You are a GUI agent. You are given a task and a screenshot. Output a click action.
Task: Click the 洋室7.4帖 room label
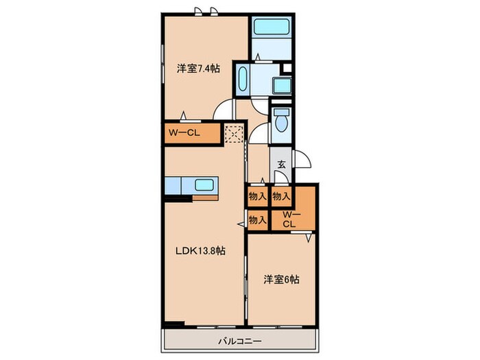coord(198,69)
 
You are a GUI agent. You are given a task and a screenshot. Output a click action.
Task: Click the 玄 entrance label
coord(282,164)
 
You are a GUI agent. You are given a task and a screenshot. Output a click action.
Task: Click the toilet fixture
coord(280,123)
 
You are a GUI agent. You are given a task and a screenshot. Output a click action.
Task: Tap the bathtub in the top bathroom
coord(272,29)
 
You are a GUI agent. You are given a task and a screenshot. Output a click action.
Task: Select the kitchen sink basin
coord(205,184)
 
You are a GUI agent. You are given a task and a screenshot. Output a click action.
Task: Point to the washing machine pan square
coord(281,85)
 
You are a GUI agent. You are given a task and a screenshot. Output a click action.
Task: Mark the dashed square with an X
coord(235,133)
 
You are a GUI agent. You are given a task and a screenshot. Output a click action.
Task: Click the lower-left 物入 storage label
coord(257,220)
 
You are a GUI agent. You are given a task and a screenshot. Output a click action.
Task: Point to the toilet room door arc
coord(258,135)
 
